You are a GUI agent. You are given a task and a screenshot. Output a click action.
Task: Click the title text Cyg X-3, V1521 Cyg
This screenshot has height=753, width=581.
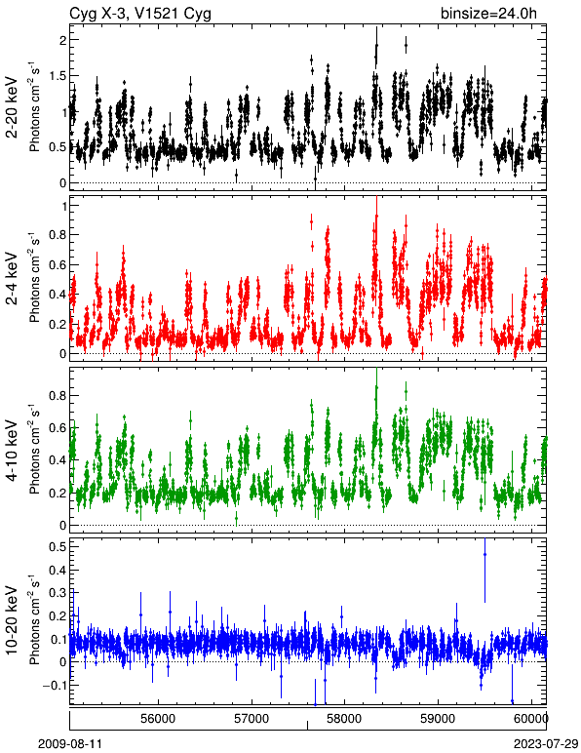click(x=140, y=14)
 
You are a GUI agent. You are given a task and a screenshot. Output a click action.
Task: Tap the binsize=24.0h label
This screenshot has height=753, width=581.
click(x=488, y=14)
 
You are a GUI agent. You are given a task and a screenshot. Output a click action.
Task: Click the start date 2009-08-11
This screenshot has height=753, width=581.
click(x=70, y=743)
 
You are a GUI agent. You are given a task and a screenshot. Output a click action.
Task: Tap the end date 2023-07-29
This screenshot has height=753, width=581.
click(x=546, y=743)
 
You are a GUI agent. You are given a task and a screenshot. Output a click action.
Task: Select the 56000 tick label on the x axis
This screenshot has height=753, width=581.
click(x=158, y=719)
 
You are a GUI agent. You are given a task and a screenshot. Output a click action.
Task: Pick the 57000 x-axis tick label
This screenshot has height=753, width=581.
click(x=252, y=719)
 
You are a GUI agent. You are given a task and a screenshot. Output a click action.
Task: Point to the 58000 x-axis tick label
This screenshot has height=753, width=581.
click(x=344, y=719)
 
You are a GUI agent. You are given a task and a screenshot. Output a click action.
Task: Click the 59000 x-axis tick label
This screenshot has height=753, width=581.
click(x=438, y=719)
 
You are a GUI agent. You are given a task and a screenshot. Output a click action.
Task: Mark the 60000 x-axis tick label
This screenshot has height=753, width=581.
click(x=531, y=719)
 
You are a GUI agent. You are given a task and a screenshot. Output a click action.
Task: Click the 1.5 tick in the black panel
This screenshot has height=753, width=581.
click(x=58, y=76)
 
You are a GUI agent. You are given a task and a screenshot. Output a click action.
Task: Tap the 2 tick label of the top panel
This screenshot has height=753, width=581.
click(x=61, y=40)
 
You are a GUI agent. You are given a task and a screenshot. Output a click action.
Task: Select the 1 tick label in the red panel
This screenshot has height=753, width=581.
click(x=61, y=206)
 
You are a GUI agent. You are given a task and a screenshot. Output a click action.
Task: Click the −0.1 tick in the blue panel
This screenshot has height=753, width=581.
click(x=53, y=685)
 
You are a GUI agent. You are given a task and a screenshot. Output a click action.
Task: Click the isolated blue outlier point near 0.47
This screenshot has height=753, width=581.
click(x=484, y=555)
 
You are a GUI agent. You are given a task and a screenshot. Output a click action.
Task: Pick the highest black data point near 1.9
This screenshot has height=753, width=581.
click(x=376, y=46)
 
